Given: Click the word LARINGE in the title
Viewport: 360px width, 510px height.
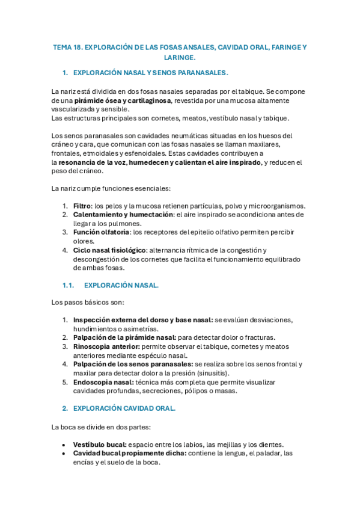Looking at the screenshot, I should point(179,58).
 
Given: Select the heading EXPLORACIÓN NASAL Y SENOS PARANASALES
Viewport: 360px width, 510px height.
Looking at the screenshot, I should point(150,73).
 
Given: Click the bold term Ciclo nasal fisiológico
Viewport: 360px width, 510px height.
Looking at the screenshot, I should point(109,250).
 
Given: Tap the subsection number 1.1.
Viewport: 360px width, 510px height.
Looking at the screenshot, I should point(68,285).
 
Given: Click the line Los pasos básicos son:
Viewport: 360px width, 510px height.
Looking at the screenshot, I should point(88,302).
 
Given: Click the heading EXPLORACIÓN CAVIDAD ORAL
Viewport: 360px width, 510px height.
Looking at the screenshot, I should point(124,408).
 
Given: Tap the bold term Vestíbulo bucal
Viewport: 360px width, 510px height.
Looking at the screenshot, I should point(99,444).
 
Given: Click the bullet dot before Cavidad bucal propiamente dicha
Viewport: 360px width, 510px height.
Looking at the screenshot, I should point(64,453).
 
